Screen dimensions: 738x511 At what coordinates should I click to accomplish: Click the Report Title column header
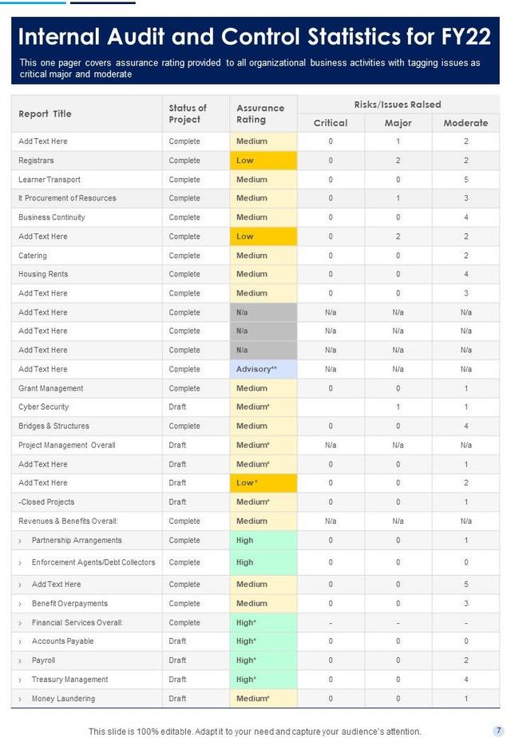[x=45, y=113]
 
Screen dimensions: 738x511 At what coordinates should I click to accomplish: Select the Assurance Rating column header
[x=260, y=113]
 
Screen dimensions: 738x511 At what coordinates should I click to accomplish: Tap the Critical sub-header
[x=331, y=123]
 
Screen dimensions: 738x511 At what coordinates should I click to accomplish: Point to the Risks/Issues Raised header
[x=398, y=105]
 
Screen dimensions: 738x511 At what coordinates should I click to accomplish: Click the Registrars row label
[x=36, y=161]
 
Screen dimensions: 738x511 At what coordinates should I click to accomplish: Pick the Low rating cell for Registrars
[x=263, y=161]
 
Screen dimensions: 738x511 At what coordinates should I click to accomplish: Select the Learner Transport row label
[x=50, y=180]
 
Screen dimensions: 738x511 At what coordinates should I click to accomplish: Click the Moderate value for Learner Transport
[x=465, y=180]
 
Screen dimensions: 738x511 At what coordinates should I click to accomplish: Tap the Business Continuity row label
[x=52, y=217]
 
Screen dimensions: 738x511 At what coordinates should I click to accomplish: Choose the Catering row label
[x=33, y=256]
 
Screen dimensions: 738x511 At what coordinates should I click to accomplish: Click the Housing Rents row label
[x=43, y=274]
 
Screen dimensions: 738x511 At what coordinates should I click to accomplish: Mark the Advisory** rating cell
[x=263, y=369]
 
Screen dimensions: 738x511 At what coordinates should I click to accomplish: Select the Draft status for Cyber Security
[x=177, y=407]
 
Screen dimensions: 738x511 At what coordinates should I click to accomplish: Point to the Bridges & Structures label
[x=53, y=426]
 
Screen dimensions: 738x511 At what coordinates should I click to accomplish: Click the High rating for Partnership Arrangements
[x=263, y=540]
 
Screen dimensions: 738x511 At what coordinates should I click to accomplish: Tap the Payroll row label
[x=43, y=661]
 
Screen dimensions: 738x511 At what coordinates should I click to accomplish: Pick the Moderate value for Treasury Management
[x=465, y=680]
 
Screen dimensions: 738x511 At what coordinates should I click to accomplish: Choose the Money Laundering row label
[x=63, y=699]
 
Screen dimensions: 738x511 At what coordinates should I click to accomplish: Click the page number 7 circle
[x=498, y=731]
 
